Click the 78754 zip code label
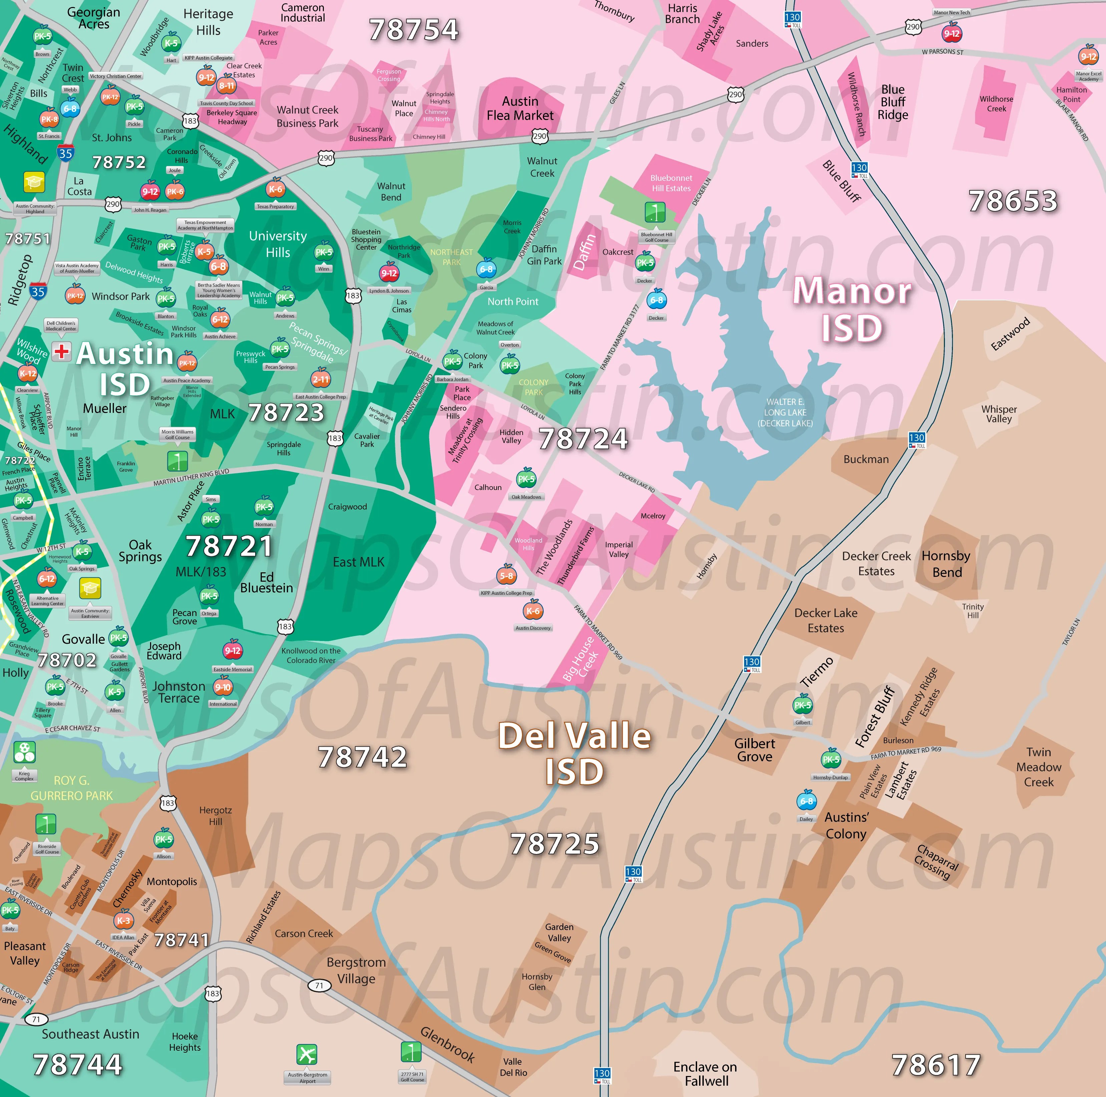(413, 30)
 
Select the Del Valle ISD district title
(574, 753)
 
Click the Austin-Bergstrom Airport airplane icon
(307, 1054)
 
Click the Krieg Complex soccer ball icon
(24, 752)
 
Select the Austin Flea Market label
(520, 108)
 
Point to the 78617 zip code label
(936, 1065)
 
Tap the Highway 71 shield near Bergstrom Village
(319, 985)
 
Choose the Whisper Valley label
(999, 414)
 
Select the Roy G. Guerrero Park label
(72, 788)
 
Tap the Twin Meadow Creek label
(1038, 767)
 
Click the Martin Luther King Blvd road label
(191, 477)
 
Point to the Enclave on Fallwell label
(705, 1074)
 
